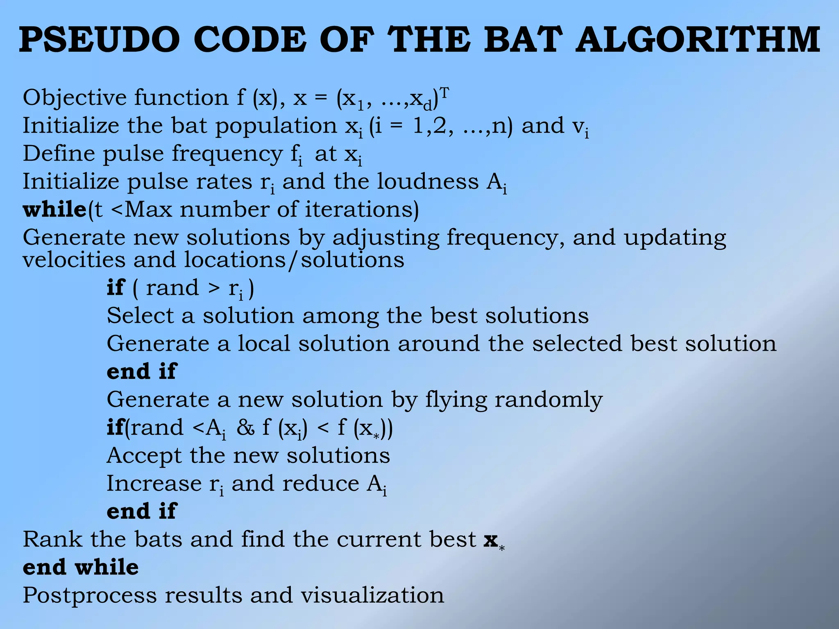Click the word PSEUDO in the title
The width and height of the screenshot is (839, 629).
[100, 40]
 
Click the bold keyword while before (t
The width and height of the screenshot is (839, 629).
[54, 210]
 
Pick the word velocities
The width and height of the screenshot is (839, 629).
[74, 260]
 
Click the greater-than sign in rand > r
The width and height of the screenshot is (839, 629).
[213, 288]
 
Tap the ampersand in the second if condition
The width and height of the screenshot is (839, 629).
[245, 428]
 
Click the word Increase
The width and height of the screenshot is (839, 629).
[154, 484]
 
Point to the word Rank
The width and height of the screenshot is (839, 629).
[52, 540]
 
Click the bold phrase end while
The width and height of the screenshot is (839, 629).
[81, 568]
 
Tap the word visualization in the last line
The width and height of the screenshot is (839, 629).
[372, 595]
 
